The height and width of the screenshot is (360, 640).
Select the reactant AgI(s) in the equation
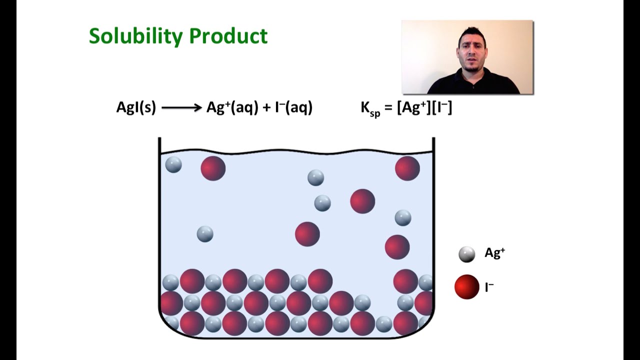(x=136, y=107)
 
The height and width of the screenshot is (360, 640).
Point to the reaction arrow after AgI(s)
(x=181, y=107)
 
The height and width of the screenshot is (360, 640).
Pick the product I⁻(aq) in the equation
(x=293, y=107)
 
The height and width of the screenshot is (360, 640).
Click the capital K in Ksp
(x=365, y=107)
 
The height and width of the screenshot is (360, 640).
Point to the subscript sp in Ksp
(x=375, y=113)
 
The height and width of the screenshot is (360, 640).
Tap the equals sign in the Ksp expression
(x=388, y=108)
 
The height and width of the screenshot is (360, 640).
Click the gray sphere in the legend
(x=466, y=254)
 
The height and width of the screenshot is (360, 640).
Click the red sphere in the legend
(x=466, y=287)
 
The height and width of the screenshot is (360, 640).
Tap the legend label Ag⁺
(x=494, y=253)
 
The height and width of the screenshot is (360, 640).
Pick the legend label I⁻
(x=489, y=287)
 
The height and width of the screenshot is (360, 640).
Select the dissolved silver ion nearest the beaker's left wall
(x=173, y=164)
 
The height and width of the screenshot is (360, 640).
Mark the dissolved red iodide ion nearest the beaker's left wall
(x=213, y=168)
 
